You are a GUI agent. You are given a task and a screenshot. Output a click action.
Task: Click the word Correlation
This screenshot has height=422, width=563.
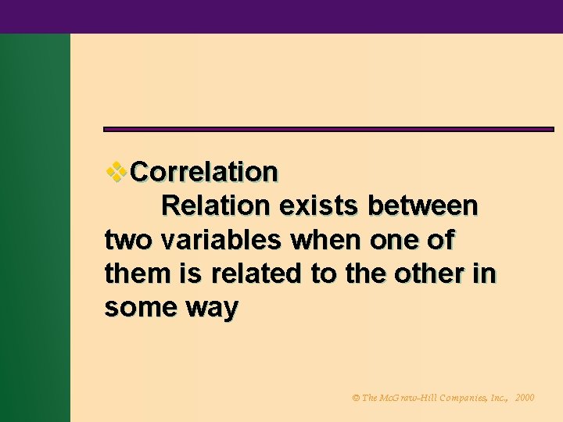[204, 171]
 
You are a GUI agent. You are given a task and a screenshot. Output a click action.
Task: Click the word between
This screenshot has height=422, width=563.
[423, 206]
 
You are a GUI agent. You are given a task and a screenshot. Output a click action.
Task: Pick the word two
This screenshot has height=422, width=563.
[128, 240]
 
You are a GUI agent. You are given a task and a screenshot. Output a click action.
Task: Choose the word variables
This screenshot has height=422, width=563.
[221, 240]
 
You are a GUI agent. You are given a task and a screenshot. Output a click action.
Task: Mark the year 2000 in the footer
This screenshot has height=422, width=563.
[525, 398]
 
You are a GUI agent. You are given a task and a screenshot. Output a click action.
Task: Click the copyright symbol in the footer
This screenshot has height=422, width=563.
[357, 398]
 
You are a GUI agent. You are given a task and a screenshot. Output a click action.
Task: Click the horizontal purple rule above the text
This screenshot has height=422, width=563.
[328, 129]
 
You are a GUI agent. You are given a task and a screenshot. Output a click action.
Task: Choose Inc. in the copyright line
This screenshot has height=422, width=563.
[501, 398]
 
